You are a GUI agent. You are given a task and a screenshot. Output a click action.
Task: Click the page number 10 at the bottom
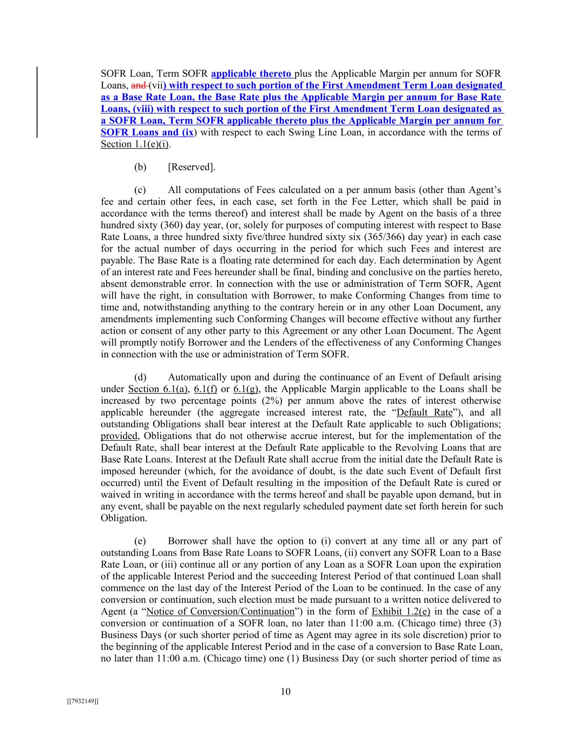286,692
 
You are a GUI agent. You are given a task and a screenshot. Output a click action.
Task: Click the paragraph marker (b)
140,167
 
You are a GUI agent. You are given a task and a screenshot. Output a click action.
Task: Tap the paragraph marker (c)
140,190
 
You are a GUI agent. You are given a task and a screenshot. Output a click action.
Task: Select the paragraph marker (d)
140,377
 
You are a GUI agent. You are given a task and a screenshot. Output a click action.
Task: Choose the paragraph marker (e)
140,541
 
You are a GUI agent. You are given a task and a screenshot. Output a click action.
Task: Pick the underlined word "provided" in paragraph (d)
119,436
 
